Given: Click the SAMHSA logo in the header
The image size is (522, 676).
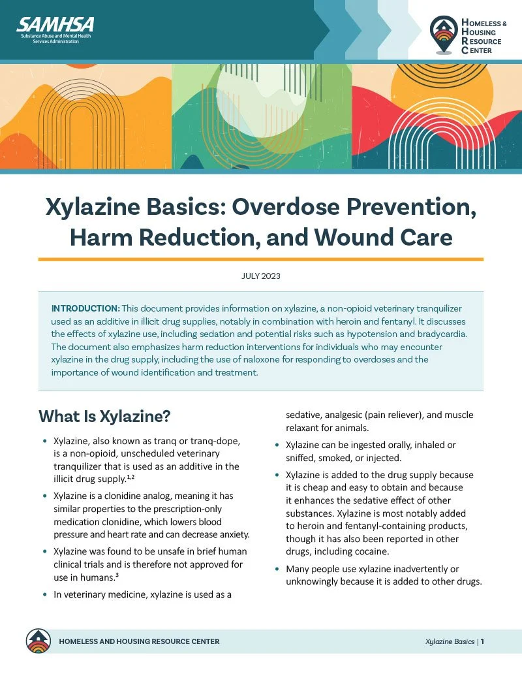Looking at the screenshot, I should (55, 26).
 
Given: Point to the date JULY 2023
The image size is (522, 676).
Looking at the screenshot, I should (260, 276).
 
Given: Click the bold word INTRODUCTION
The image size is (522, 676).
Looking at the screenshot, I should (85, 308).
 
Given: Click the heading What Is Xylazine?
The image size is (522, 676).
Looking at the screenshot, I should (105, 416).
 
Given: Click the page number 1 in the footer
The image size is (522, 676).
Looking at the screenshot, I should (482, 641).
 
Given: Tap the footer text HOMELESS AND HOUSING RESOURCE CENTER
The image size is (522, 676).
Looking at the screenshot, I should (139, 641).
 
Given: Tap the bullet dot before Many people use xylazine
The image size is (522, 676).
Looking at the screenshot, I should (277, 570).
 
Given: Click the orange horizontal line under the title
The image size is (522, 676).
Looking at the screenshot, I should (260, 259).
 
